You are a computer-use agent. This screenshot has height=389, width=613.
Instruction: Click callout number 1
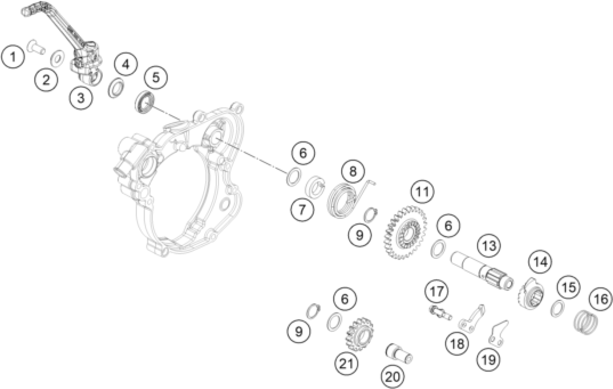(13, 57)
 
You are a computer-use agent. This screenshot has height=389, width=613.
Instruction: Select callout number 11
(422, 192)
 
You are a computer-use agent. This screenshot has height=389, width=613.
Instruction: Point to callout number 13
(489, 246)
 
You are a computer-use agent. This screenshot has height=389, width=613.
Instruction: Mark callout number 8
(353, 171)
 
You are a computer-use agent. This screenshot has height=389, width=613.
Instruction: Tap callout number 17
(437, 292)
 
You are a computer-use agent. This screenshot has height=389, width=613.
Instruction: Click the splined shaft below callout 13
(481, 272)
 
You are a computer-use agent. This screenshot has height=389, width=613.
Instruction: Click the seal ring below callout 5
(144, 102)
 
